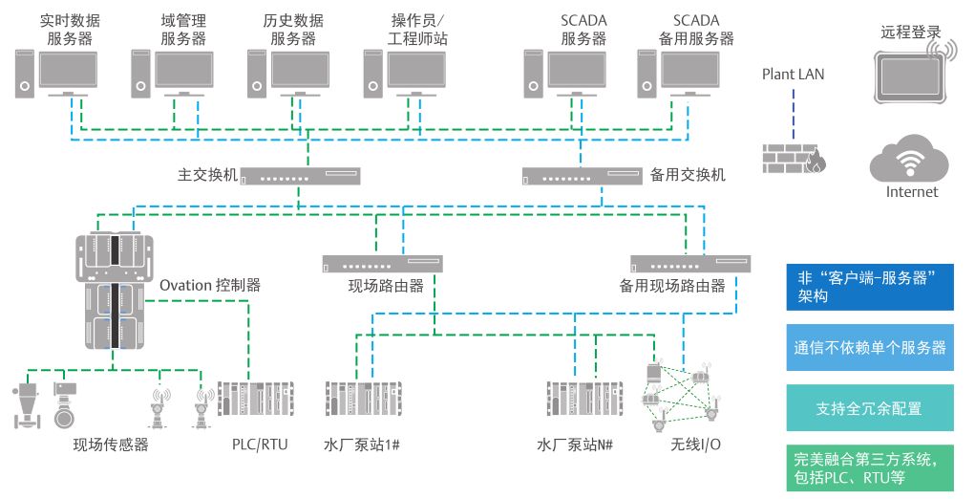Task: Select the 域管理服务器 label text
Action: [x=183, y=30]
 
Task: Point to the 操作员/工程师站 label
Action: [x=417, y=30]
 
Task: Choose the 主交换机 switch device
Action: [x=297, y=176]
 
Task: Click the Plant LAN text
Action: [x=793, y=74]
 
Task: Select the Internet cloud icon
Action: [x=912, y=157]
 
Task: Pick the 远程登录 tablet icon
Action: [x=912, y=72]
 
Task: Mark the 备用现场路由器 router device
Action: [x=689, y=261]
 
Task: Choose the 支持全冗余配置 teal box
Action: [x=868, y=408]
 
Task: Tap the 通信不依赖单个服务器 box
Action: [x=868, y=348]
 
